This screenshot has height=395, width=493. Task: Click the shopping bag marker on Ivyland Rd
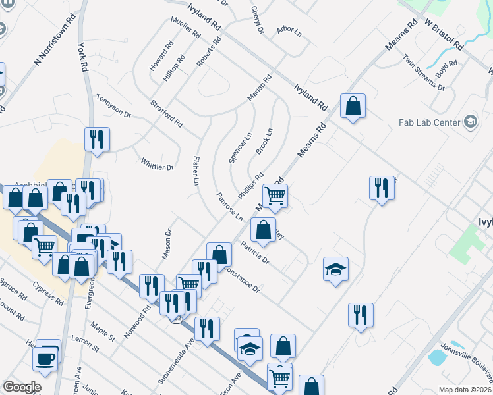(353, 105)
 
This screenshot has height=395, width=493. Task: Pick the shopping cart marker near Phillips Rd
(275, 195)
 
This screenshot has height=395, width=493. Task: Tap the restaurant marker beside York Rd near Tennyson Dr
(97, 139)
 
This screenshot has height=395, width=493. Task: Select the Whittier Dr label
(157, 163)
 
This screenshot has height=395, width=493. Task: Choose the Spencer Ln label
(241, 147)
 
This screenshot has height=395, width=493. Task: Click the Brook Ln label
(264, 142)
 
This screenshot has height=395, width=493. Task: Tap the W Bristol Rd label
(443, 34)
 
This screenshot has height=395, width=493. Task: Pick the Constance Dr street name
(242, 279)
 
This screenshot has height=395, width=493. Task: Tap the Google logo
(22, 387)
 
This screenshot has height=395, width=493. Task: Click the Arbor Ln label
(289, 30)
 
